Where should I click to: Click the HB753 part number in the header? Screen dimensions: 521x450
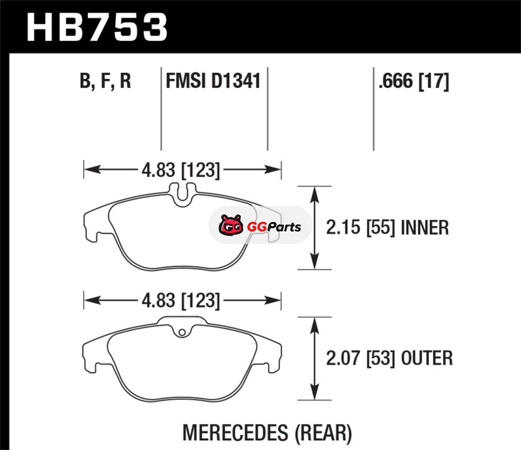click(96, 27)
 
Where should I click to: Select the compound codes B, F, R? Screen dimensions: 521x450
click(106, 81)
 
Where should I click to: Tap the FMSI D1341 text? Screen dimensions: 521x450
click(213, 81)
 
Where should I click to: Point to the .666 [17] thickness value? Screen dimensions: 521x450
click(414, 81)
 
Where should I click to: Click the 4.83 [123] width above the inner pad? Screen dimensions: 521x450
click(181, 170)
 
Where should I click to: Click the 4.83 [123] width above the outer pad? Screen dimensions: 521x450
click(181, 301)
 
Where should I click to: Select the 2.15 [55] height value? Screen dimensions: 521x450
click(361, 228)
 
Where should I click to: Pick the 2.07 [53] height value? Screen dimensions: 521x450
click(361, 358)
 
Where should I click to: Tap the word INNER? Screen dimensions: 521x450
click(425, 228)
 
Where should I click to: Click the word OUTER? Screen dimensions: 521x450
click(427, 358)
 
